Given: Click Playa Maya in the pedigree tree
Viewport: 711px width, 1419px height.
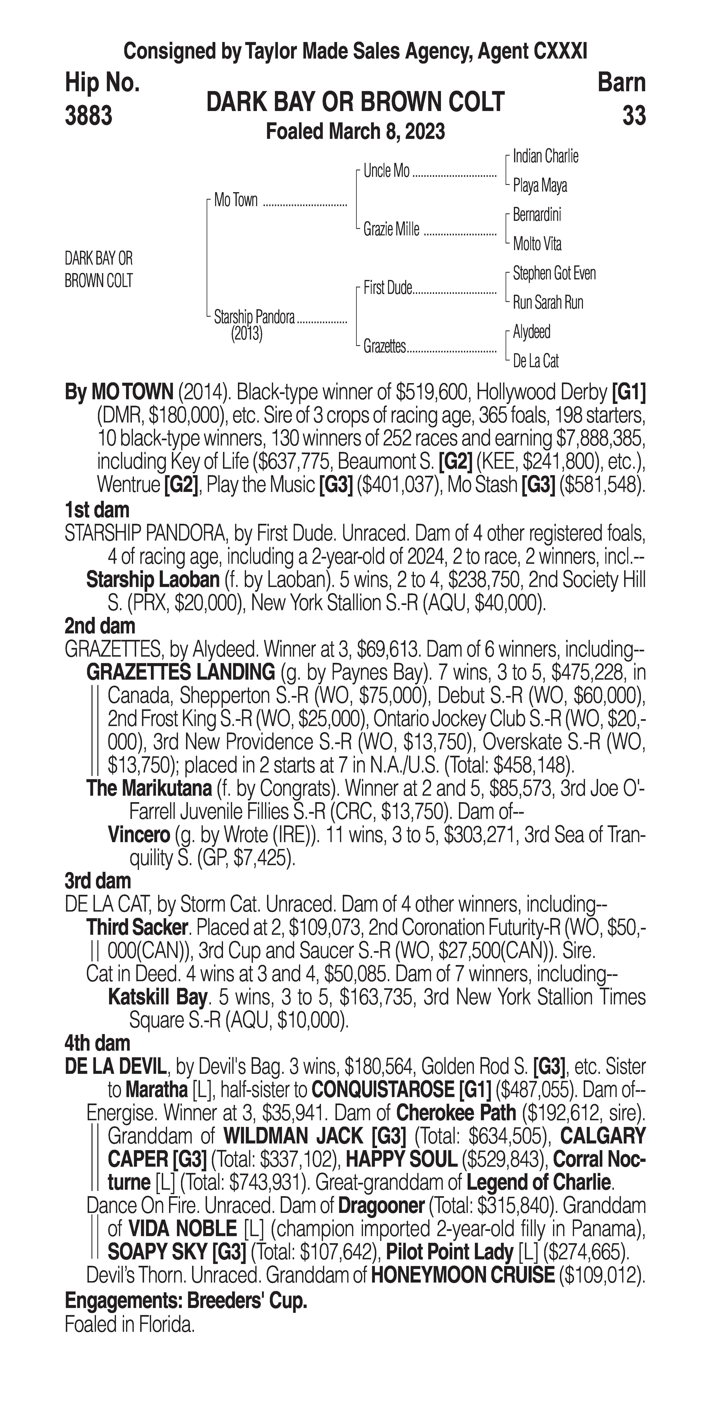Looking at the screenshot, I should click(540, 186).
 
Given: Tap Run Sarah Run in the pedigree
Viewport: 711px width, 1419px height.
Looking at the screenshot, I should click(548, 302).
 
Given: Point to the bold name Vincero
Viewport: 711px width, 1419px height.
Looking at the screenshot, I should click(139, 835).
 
